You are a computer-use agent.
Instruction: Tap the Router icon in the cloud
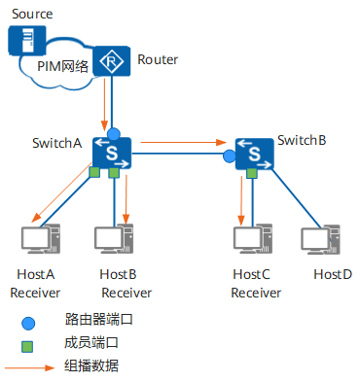click(116, 61)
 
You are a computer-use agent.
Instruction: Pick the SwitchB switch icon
click(253, 153)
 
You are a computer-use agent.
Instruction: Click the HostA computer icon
click(40, 238)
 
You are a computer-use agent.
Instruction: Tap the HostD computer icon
click(321, 238)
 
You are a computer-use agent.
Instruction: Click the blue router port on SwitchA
click(113, 132)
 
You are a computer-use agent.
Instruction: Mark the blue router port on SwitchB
click(230, 156)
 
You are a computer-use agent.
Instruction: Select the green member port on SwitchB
click(251, 173)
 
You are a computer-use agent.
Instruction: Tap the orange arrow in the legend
click(29, 367)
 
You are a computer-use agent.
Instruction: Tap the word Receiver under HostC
click(255, 293)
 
